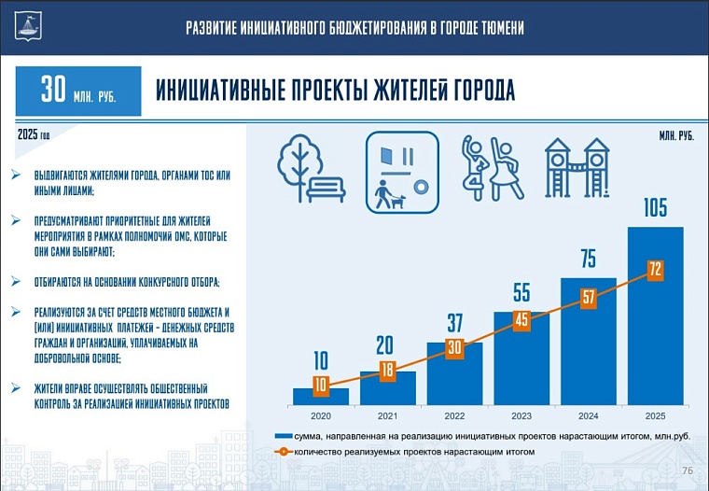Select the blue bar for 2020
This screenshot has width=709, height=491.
(320, 397)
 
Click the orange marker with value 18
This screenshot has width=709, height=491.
(388, 371)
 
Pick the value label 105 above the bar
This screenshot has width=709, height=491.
(655, 208)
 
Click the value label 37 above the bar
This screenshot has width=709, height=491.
(455, 324)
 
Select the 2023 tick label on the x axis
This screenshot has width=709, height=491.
(521, 414)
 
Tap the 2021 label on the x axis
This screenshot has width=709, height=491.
(388, 414)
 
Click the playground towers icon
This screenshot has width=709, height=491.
(577, 169)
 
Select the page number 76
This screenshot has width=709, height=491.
(688, 470)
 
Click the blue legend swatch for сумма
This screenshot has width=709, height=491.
(282, 436)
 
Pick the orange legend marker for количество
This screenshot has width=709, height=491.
(282, 452)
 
